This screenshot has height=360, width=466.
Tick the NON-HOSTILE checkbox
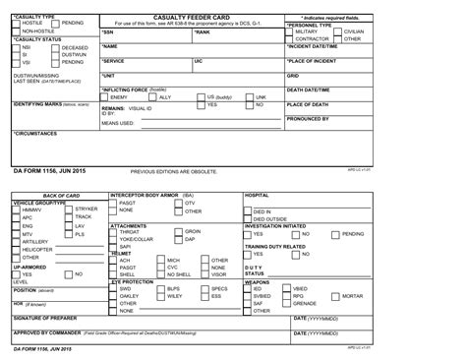click(17, 31)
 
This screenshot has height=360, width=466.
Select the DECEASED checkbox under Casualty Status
click(54, 45)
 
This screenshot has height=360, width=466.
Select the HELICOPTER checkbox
click(17, 249)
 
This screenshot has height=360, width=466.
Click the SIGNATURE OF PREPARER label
click(46, 320)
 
